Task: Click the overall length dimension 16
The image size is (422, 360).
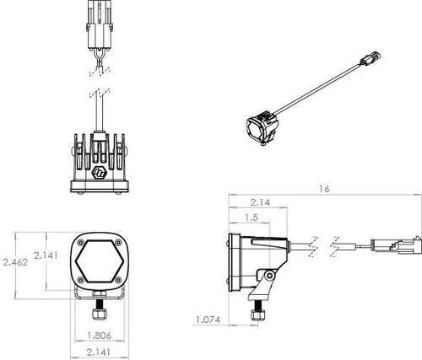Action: point(324,190)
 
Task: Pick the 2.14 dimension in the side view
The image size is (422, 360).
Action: point(261,203)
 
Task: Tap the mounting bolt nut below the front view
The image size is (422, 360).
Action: point(101,313)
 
